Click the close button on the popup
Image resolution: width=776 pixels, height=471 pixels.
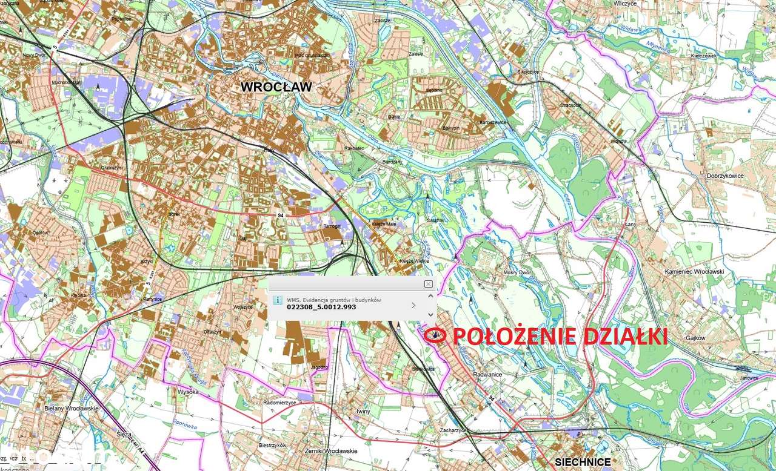coord(428,284)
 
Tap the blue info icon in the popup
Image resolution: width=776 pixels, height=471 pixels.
coord(277,300)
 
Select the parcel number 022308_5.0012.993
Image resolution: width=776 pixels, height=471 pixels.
coord(321,307)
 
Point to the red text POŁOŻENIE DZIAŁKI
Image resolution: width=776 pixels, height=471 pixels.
coord(560,337)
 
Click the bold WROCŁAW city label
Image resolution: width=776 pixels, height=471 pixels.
coord(276,87)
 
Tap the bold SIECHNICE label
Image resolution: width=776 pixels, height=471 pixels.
coord(583,462)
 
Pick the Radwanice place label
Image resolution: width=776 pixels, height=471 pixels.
coord(488,374)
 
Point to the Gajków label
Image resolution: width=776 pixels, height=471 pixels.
coord(696,338)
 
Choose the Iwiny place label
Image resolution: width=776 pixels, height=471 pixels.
coord(363,411)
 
